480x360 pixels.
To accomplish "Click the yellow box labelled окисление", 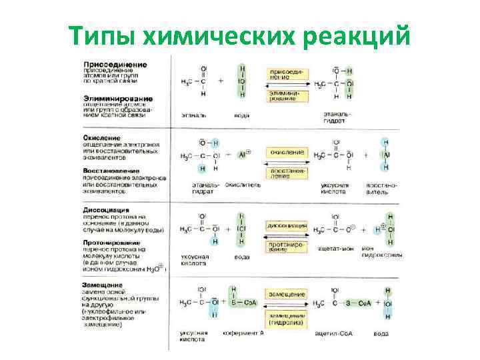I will click(287, 152).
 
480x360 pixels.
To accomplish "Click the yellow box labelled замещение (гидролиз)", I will click(287, 317).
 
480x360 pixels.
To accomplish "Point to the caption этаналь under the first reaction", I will click(194, 115).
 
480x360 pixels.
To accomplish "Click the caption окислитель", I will click(243, 183).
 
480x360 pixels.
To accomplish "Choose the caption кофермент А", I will click(243, 333).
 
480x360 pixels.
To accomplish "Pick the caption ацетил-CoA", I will click(333, 333).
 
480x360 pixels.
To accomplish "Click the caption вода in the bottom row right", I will click(381, 333).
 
